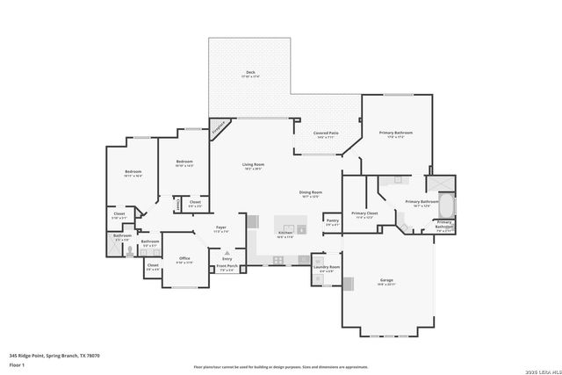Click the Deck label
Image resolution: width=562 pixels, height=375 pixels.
[250, 73]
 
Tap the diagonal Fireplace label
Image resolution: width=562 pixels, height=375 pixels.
[220, 126]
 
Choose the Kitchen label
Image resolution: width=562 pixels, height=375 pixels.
[286, 233]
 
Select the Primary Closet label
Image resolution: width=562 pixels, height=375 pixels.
[364, 213]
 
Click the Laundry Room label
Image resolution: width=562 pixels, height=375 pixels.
[326, 269]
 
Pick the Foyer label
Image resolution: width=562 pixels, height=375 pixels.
[221, 228]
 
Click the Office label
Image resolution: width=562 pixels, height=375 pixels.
[184, 258]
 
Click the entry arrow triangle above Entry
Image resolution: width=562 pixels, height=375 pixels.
[227, 252]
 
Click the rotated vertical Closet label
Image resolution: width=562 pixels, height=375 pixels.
[179, 204]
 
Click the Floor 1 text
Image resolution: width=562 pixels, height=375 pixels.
[18, 364]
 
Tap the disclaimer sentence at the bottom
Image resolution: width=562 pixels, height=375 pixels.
[280, 366]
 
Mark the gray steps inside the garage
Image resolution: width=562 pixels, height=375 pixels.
[348, 283]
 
